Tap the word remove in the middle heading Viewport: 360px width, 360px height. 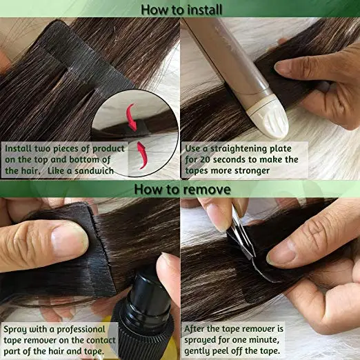coord(213,188)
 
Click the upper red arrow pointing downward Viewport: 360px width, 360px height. coord(130,112)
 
